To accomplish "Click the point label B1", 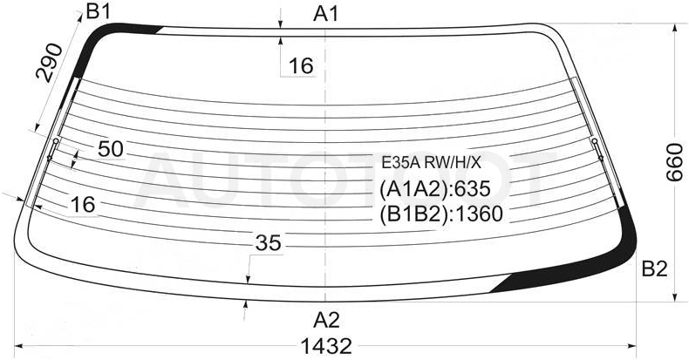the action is point(98,11).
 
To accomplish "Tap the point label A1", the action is point(326,15).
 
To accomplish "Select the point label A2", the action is point(326,321).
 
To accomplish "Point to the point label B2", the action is point(654,268).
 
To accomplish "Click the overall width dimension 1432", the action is point(326,346).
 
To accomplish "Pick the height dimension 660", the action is point(674,162).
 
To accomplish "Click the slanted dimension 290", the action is point(49,63).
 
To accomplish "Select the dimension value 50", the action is point(110,149).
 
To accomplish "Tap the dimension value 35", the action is point(268,243).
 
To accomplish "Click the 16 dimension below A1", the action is point(301,66).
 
